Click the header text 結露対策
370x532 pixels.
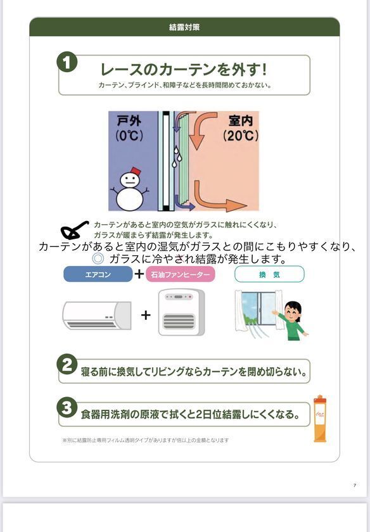pyautogui.click(x=184, y=27)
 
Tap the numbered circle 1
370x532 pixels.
pyautogui.click(x=67, y=62)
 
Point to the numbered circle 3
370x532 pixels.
pyautogui.click(x=67, y=406)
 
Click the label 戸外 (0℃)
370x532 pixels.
pyautogui.click(x=130, y=128)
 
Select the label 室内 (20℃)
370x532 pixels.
pyautogui.click(x=239, y=128)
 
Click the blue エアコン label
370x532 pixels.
pyautogui.click(x=98, y=274)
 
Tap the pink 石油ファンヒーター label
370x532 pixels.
pyautogui.click(x=181, y=274)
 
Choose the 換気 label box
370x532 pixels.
pyautogui.click(x=269, y=274)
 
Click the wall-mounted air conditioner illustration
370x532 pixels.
pyautogui.click(x=96, y=315)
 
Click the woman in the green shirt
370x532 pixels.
pyautogui.click(x=292, y=320)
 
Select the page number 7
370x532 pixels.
pyautogui.click(x=355, y=485)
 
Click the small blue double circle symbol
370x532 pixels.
pyautogui.click(x=98, y=258)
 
